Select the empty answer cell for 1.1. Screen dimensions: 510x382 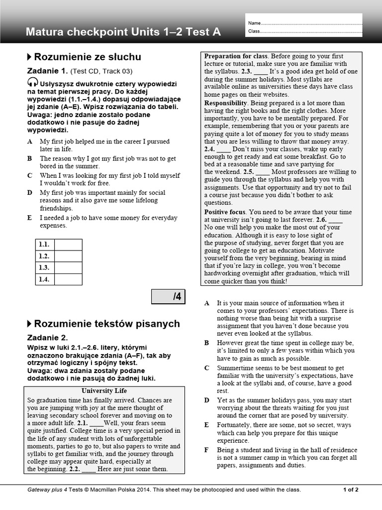pyautogui.click(x=68, y=245)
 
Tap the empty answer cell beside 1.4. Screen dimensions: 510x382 pyautogui.click(x=68, y=279)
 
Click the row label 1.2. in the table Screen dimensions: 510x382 pyautogui.click(x=44, y=256)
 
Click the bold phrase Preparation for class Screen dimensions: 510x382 pyautogui.click(x=236, y=56)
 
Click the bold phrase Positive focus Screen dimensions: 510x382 pyautogui.click(x=225, y=212)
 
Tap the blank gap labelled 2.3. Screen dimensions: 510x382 pyautogui.click(x=260, y=72)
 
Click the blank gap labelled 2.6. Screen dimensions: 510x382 pyautogui.click(x=335, y=220)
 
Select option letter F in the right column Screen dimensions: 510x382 pyautogui.click(x=206, y=450)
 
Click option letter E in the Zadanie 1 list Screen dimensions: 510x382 pyautogui.click(x=30, y=218)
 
